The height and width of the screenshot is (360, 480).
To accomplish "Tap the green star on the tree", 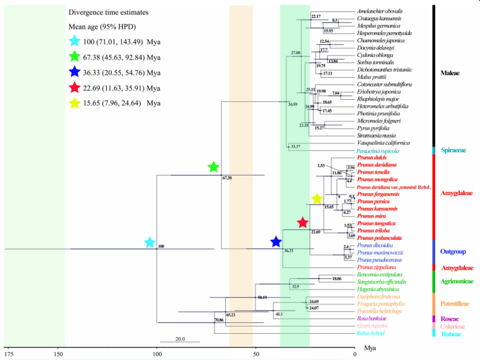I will coord(213,167).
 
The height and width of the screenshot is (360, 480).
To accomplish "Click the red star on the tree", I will coord(302,223).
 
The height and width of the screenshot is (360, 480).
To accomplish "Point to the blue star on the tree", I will coord(276,241).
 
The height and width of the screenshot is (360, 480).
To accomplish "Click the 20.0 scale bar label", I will coord(180,339).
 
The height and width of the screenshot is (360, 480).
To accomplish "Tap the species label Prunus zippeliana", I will coord(378,267).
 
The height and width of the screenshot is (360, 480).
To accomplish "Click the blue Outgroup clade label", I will coord(454,252).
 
